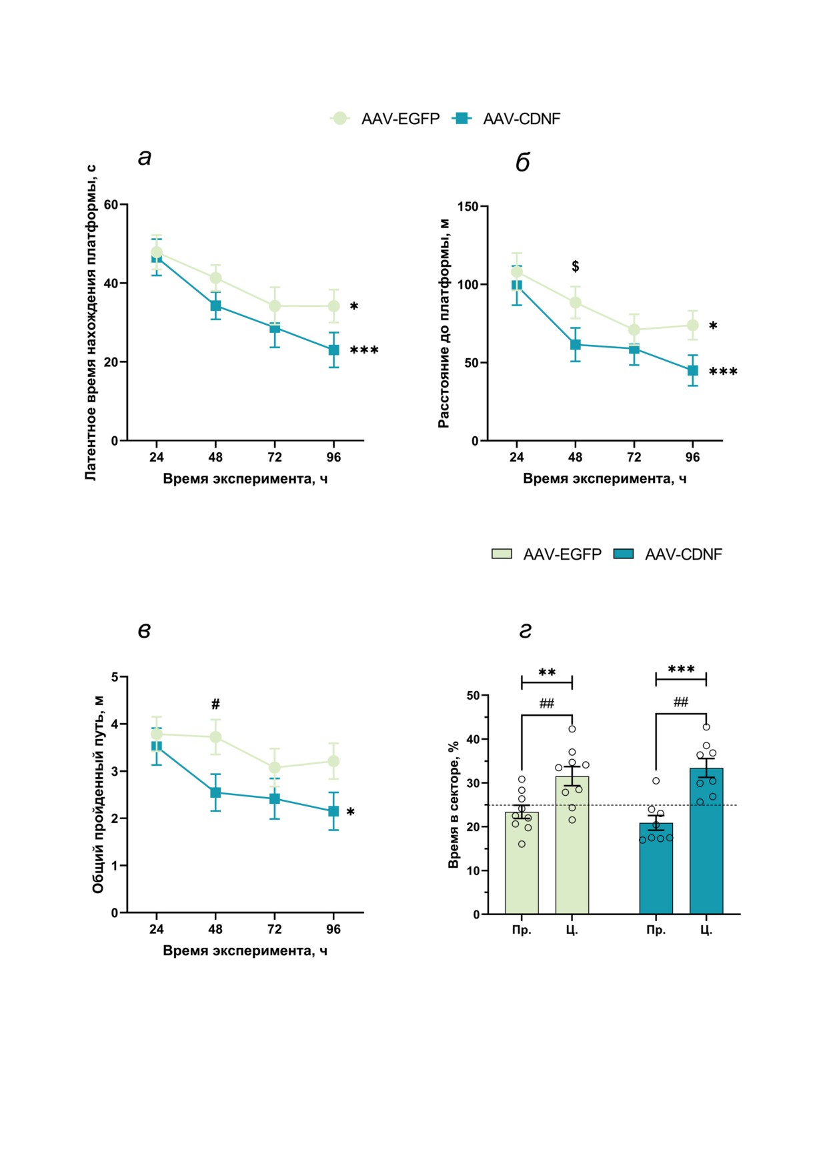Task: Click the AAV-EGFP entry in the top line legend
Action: coord(385,119)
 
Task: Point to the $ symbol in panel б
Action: coord(575,266)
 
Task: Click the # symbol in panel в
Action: coord(215,704)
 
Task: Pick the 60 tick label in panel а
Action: coord(111,205)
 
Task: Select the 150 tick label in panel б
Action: coord(468,207)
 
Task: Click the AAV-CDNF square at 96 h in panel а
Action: coord(333,350)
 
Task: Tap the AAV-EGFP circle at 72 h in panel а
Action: coord(275,306)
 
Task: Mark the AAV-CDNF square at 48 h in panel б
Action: coord(575,344)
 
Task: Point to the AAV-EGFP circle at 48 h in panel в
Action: coord(215,737)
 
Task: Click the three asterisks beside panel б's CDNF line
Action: coord(723,372)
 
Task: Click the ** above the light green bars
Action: coord(547,672)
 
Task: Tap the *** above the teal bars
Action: coord(681,669)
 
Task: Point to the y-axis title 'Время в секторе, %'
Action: coord(454,804)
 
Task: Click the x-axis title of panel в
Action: coord(245,951)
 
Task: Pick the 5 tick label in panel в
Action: coord(115,677)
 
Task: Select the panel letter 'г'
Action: coord(526,630)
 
